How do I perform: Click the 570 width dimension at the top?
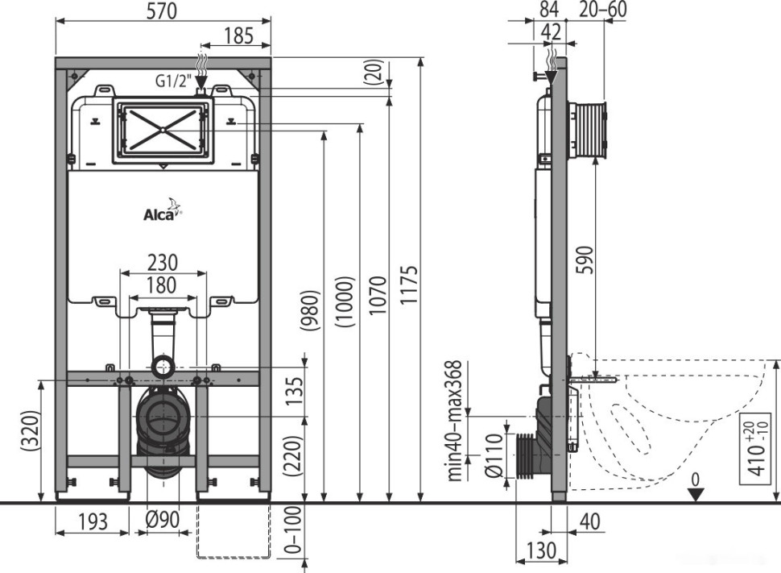[162, 10]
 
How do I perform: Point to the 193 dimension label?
[93, 522]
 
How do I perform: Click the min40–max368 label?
[457, 420]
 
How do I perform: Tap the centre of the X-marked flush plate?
[163, 129]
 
